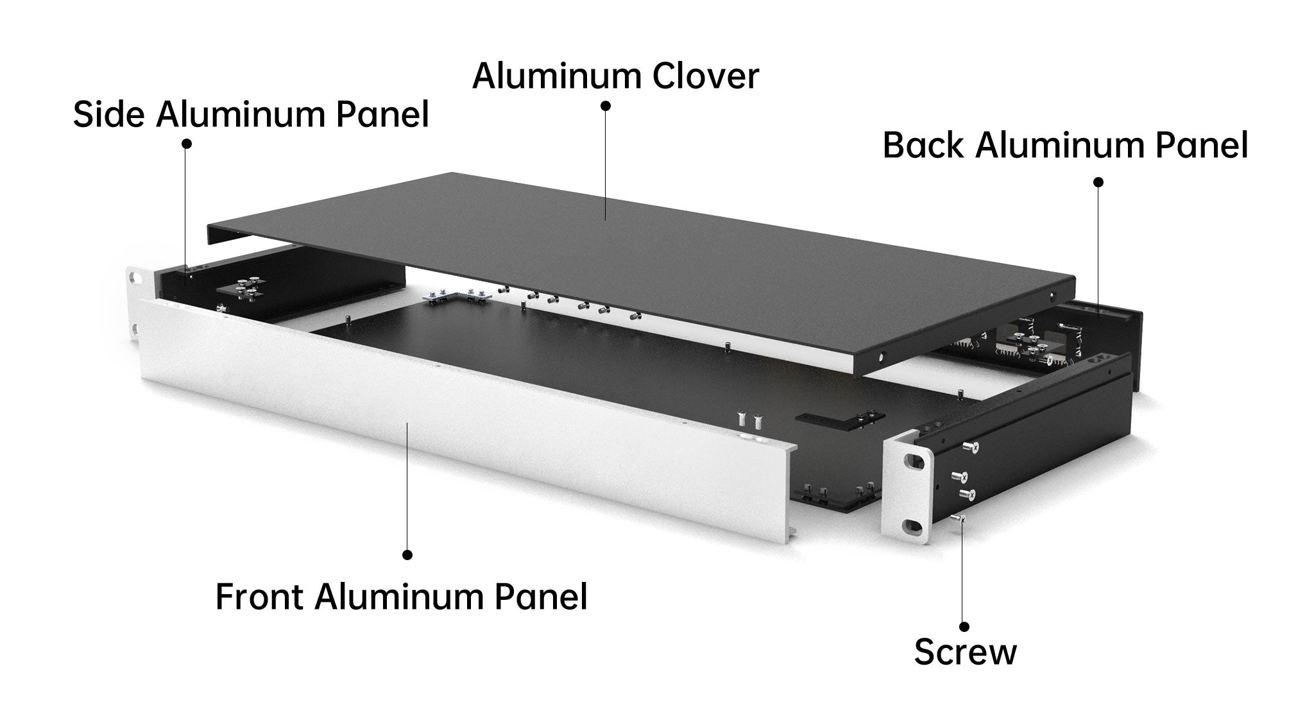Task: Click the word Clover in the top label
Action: [x=705, y=76]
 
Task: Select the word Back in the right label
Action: [x=923, y=146]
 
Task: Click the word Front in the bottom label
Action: [x=259, y=597]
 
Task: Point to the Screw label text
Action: [x=965, y=652]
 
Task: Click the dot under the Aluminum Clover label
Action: [x=606, y=105]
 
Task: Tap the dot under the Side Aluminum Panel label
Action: [x=187, y=144]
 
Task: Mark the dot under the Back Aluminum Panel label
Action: [x=1098, y=182]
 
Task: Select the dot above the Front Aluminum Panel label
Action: [x=407, y=554]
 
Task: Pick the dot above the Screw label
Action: [x=964, y=627]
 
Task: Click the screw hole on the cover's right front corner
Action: [x=880, y=355]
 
